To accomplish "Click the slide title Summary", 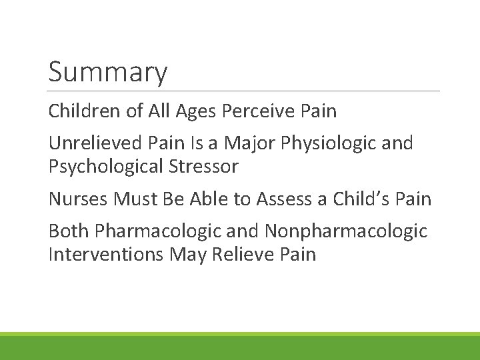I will (x=107, y=73).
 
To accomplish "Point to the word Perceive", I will (x=258, y=111).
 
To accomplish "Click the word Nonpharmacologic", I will (x=345, y=231).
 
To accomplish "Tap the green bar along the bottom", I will (x=240, y=347).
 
